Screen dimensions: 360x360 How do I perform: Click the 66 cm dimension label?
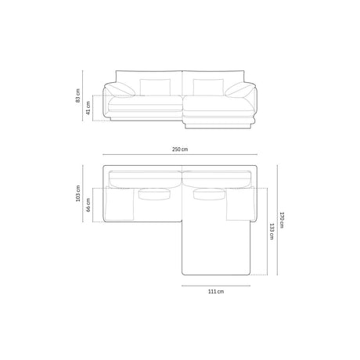88,204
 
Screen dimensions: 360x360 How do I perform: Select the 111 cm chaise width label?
216,291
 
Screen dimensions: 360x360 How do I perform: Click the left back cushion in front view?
150,87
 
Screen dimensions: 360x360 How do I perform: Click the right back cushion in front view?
207,87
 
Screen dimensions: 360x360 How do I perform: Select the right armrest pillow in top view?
239,204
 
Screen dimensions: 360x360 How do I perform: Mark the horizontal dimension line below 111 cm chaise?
216,285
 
